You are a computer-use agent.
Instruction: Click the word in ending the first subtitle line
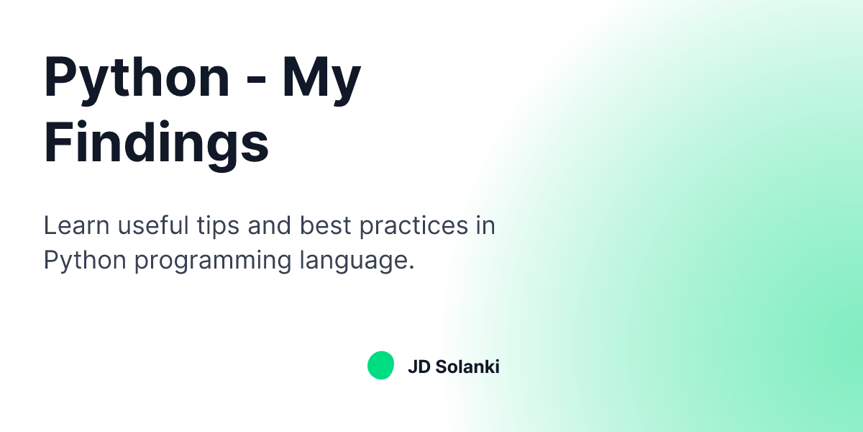point(485,226)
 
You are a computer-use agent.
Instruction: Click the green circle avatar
point(380,366)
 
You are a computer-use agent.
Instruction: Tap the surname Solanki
point(467,366)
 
